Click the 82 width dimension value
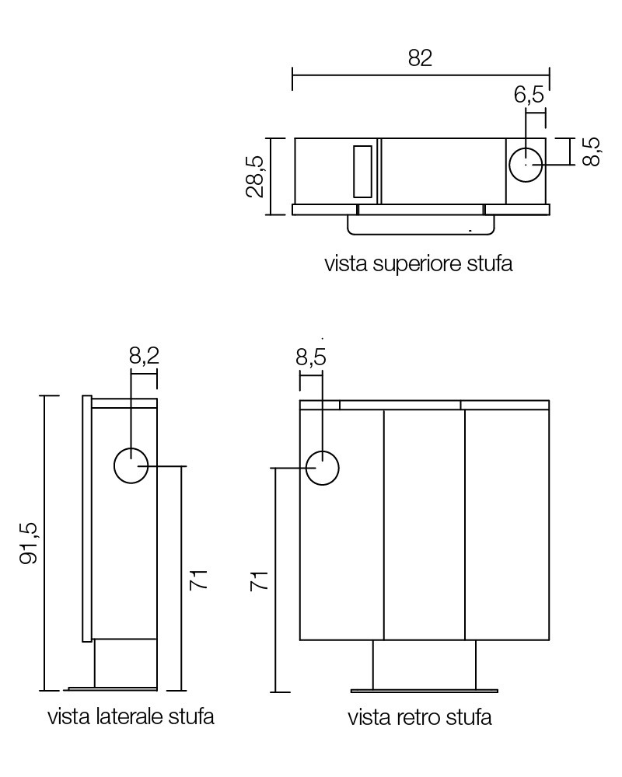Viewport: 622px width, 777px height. [420, 57]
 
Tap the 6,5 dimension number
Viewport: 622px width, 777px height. [529, 94]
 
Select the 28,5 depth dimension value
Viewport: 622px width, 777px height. [255, 176]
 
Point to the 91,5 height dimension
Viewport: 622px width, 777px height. [28, 543]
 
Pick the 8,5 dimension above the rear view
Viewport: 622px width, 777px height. [311, 357]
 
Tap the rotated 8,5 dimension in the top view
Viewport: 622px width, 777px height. [591, 152]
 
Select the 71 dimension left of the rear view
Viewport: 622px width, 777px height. [259, 580]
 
